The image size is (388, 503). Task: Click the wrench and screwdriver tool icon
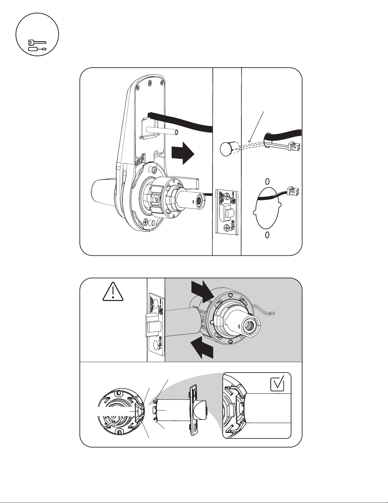click(x=37, y=45)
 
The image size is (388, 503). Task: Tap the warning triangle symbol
click(x=113, y=292)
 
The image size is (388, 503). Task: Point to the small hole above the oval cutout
click(x=267, y=181)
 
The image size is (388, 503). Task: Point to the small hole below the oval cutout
click(x=267, y=235)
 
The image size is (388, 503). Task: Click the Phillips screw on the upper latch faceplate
click(x=227, y=228)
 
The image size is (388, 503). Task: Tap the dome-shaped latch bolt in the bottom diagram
click(x=202, y=410)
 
